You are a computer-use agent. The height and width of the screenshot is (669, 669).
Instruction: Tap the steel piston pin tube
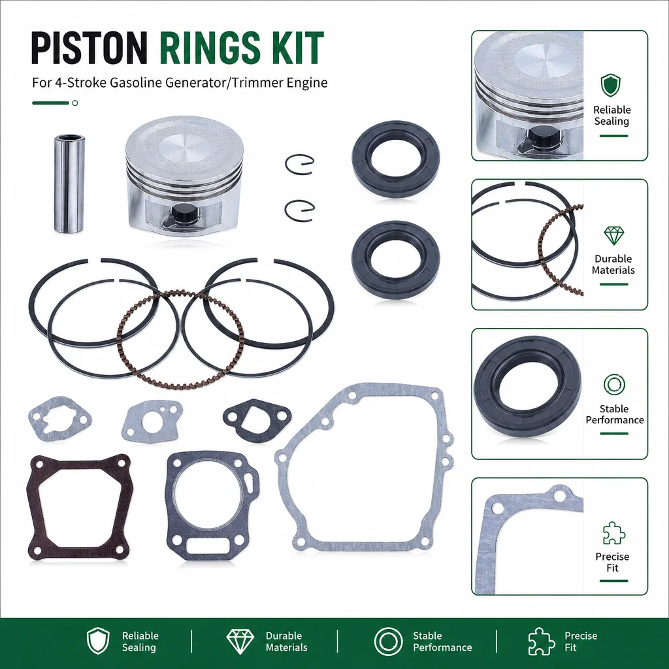pos(69,184)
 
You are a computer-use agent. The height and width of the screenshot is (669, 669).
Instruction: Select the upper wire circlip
pos(299,164)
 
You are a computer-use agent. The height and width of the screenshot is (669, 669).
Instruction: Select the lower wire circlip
pos(299,210)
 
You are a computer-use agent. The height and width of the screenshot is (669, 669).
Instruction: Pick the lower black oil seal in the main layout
pos(395,259)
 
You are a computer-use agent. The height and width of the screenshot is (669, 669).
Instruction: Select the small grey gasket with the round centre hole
pos(152,421)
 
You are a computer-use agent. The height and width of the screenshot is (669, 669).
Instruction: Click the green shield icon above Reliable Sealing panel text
pos(611,85)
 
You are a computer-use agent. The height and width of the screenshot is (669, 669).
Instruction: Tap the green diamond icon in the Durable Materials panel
pos(614,235)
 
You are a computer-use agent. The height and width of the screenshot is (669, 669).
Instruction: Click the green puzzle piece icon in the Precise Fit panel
pos(614,533)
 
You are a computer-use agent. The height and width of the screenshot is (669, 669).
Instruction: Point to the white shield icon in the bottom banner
pos(98,641)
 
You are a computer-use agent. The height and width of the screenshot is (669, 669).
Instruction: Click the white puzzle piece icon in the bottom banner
pos(542,642)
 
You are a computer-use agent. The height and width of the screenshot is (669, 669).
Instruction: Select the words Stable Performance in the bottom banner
pos(442,642)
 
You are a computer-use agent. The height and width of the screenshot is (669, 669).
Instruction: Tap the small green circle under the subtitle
pos(75,103)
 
